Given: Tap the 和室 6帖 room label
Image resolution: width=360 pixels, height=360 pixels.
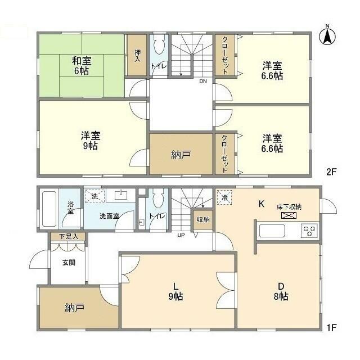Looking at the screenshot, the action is (82, 66).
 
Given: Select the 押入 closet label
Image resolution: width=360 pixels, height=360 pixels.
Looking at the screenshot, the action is (137, 56).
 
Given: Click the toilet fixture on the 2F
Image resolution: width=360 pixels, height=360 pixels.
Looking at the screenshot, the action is (159, 44).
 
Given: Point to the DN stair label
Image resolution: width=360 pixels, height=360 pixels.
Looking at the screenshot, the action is (203, 81).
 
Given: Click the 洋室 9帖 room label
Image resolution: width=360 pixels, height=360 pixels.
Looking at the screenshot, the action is (91, 141).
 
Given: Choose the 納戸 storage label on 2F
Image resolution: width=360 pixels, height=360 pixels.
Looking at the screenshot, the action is (181, 155).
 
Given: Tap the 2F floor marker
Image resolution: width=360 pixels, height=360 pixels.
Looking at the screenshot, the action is (331, 172).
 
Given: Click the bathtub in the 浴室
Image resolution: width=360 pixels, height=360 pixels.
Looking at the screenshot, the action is (49, 209).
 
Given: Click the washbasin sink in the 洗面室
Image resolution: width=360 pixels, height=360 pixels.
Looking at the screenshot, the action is (120, 196).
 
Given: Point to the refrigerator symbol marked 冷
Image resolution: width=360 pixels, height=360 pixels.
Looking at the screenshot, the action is (224, 197).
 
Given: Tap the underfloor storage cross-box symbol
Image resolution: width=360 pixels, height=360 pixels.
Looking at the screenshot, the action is (289, 215).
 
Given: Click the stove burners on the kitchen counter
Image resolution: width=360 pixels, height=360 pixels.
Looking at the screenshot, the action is (309, 231).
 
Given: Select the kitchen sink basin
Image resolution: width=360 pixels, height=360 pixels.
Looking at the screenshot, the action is (272, 231).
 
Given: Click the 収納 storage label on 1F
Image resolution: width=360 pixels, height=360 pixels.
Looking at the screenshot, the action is (203, 219).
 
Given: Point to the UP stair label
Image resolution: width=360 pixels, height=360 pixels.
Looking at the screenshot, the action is (181, 235).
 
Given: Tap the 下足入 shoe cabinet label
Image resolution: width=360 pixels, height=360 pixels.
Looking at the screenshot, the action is (69, 236).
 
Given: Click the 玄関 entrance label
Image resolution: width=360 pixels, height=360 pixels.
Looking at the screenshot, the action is (69, 263).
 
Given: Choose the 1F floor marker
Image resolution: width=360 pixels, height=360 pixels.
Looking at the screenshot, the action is (331, 327).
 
